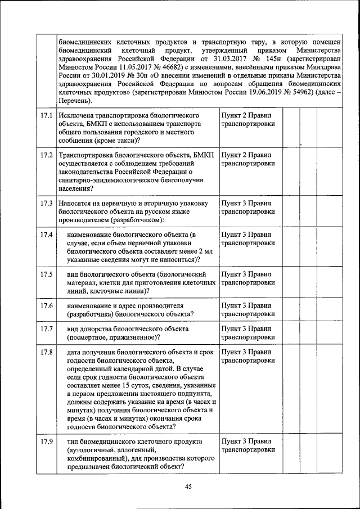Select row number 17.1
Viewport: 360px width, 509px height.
coord(47,115)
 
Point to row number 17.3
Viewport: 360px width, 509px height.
coord(47,203)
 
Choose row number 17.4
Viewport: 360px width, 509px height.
coord(47,235)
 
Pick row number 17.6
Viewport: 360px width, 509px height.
coord(47,305)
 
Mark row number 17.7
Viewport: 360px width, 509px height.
coord(47,328)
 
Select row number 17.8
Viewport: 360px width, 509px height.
coord(47,353)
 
